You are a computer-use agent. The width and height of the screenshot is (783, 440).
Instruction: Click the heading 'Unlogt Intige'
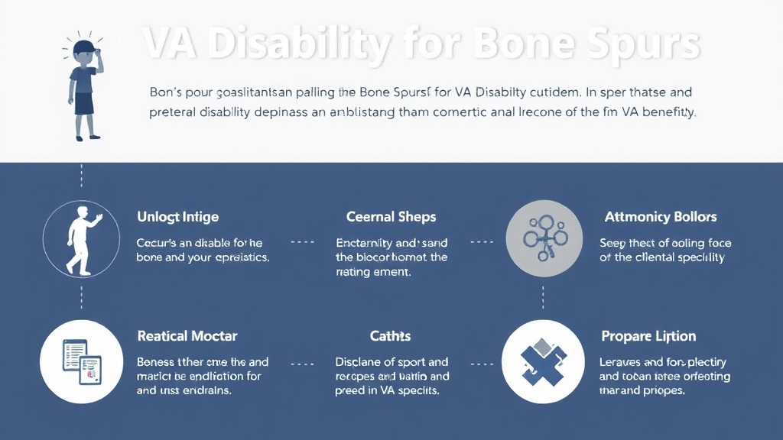click(177, 217)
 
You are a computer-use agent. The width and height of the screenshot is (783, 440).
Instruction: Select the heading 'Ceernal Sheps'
click(391, 217)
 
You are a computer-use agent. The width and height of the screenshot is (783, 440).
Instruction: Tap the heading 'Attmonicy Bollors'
click(661, 217)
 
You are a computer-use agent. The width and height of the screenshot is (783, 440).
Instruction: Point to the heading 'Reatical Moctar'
click(187, 336)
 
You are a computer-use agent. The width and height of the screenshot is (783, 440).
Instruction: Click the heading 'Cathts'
click(391, 336)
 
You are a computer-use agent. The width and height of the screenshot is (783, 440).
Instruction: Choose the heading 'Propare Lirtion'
click(648, 336)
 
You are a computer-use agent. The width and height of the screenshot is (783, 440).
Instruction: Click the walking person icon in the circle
click(81, 239)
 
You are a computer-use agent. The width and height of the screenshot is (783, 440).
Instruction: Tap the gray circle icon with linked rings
click(544, 239)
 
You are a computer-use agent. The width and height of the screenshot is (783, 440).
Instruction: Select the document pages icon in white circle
click(81, 361)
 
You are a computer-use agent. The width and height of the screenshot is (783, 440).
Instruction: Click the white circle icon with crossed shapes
click(544, 361)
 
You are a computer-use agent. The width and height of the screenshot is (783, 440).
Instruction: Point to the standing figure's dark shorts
click(84, 102)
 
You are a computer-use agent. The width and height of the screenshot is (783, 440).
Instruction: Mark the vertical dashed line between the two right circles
click(544, 298)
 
